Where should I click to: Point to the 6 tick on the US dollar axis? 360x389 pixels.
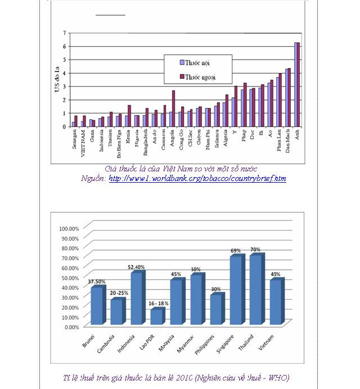(64, 46)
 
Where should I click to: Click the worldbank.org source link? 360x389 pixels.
(197, 179)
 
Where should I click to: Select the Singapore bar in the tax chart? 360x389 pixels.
(236, 290)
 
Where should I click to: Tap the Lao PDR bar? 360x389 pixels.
(156, 316)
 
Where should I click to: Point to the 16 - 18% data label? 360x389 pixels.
(157, 303)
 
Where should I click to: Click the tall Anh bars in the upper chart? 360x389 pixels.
(297, 84)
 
